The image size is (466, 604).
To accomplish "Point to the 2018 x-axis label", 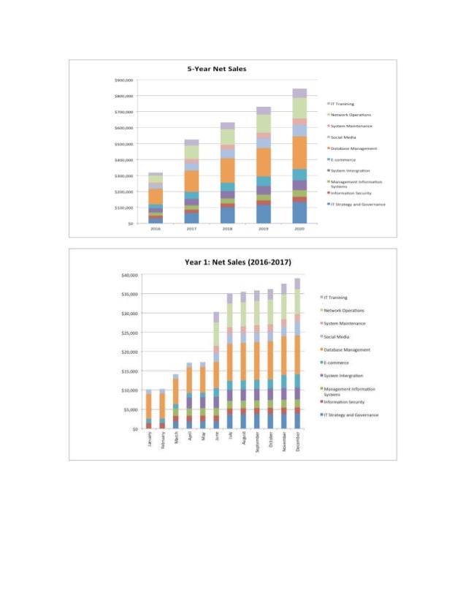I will pos(227,229).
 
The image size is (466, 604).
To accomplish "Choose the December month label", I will pos(298,442).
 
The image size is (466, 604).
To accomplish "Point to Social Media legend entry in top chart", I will pos(343,137).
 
